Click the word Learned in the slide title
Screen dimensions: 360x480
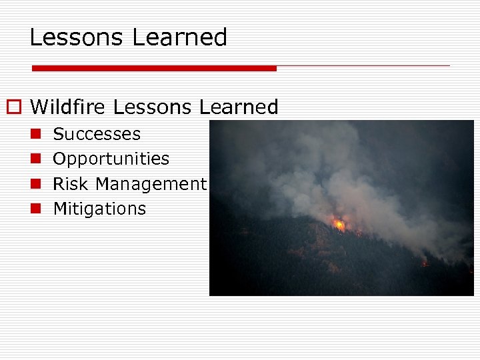179,37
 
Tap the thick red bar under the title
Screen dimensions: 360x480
154,68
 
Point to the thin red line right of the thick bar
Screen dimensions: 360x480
363,66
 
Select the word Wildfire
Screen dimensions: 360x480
69,107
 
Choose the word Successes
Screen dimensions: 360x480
97,134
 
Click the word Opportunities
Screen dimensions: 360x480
111,159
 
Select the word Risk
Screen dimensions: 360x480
70,184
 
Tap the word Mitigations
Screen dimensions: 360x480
99,209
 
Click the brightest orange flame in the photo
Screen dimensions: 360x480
340,225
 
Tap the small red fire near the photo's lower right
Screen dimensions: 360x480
425,264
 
